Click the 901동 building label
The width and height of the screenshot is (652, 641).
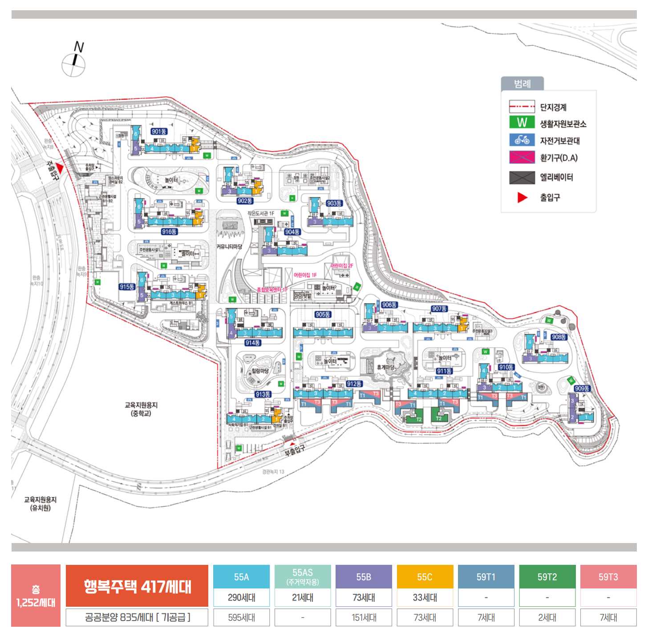point(159,131)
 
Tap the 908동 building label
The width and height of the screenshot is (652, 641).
point(559,337)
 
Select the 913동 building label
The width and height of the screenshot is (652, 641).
point(263,394)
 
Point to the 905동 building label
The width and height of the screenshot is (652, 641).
point(323,315)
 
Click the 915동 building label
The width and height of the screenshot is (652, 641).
point(127,287)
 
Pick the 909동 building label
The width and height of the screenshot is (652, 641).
point(582,389)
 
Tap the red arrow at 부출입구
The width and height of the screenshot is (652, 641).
point(292,444)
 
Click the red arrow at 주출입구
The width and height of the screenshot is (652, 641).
point(59,167)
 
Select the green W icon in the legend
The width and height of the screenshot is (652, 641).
point(522,122)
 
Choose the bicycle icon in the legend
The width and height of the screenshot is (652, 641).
point(522,140)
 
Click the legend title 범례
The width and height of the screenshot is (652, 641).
point(522,84)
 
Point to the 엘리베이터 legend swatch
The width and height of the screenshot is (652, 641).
point(522,178)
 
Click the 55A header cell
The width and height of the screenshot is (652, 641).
point(241,577)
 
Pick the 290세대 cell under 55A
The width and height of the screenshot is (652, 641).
point(241,597)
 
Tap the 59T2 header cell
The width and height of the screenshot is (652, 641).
point(547,577)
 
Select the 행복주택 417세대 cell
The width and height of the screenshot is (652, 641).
point(137,586)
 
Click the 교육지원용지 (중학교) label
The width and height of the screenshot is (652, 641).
point(141,409)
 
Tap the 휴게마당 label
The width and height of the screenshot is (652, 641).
point(385,367)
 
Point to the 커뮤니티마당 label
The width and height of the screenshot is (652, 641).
point(230,246)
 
